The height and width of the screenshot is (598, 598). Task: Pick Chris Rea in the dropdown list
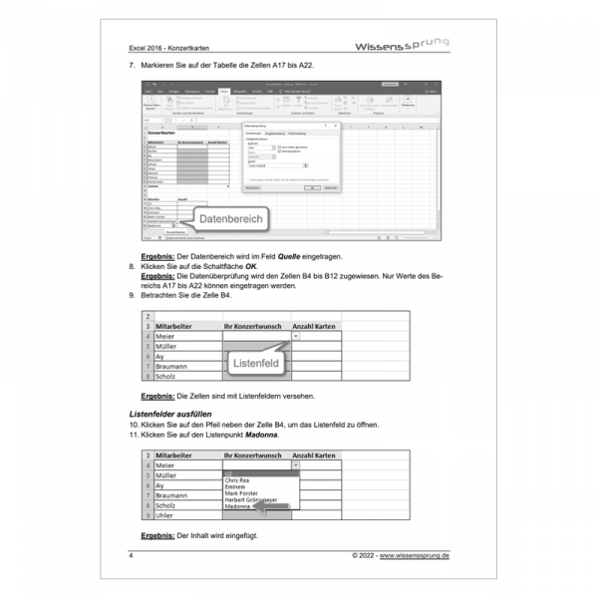pos(238,479)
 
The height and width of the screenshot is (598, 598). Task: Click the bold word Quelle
pos(347,256)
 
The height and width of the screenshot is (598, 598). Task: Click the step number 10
pos(135,424)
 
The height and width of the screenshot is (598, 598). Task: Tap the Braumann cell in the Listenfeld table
pos(173,366)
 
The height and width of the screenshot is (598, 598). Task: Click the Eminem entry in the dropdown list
pos(236,485)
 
